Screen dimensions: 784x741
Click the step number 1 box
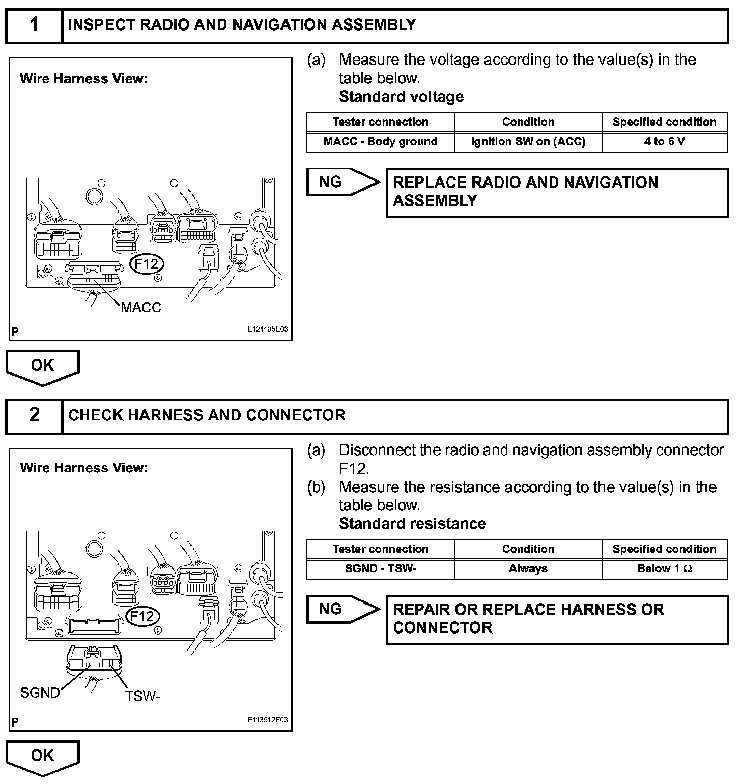pos(34,25)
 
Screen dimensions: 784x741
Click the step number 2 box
pos(34,415)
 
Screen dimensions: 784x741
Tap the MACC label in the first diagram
pos(141,307)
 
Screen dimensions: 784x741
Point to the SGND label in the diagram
pos(40,692)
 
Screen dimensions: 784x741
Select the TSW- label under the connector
pos(142,696)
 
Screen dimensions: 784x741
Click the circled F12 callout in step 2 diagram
pos(142,616)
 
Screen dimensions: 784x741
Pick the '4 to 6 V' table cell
pos(664,142)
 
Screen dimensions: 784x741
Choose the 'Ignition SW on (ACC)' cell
pos(528,142)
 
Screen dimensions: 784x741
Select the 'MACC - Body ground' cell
pos(380,142)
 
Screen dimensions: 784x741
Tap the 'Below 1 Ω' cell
pos(664,569)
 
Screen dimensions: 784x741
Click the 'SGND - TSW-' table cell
pos(380,569)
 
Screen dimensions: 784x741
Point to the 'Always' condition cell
pos(528,569)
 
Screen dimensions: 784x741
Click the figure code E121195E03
pos(268,329)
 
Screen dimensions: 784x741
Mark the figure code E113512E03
pos(268,720)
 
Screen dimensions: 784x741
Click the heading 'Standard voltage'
pos(401,97)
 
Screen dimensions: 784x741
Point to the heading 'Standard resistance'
pos(412,524)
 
